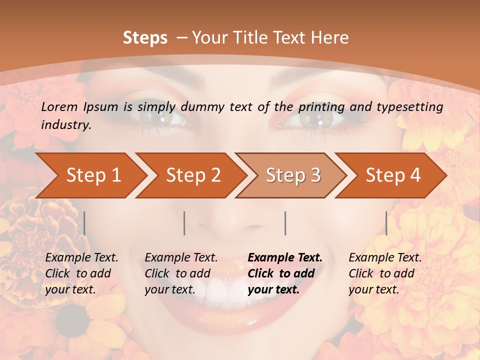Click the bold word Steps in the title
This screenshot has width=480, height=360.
click(x=145, y=37)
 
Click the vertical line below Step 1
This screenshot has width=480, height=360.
click(x=84, y=223)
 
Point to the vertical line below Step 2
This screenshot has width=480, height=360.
click(x=184, y=223)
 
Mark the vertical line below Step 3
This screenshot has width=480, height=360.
click(x=285, y=223)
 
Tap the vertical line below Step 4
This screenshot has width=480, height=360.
click(x=386, y=223)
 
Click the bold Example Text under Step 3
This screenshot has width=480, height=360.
click(x=285, y=258)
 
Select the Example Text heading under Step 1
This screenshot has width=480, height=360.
click(x=81, y=258)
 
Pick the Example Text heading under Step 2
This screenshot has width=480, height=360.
click(x=181, y=258)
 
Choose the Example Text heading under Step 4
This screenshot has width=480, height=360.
click(x=385, y=258)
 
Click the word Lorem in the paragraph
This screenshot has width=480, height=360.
click(x=60, y=106)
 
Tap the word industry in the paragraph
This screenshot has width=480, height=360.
click(x=66, y=125)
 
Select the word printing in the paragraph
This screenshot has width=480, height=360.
click(x=320, y=106)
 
